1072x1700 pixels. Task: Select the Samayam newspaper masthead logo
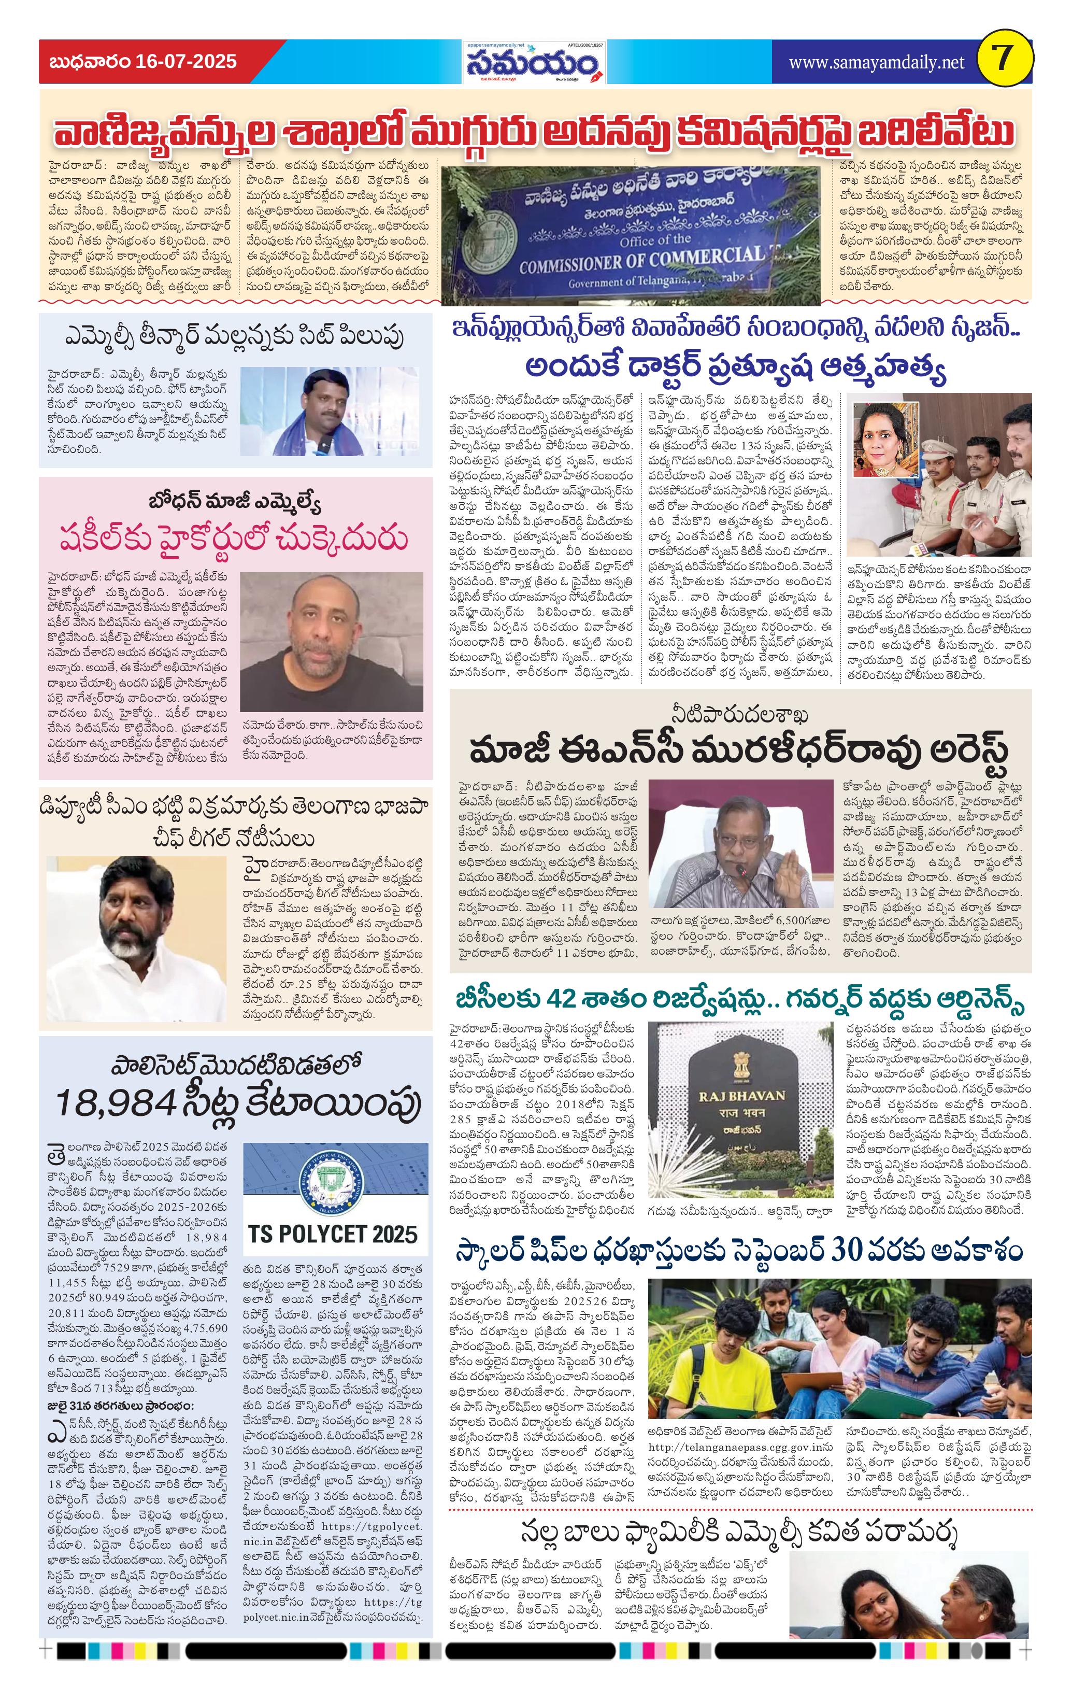(x=534, y=64)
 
